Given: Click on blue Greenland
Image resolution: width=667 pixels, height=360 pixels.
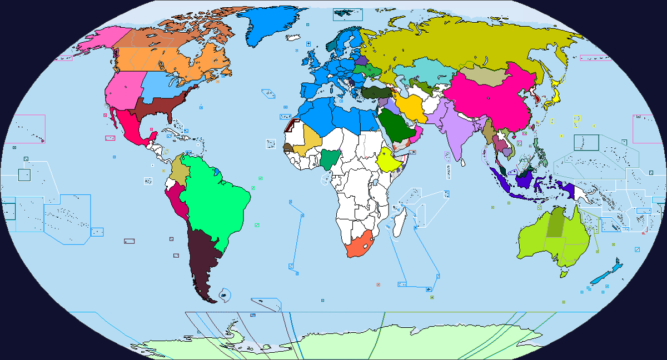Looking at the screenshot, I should pos(267,25).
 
